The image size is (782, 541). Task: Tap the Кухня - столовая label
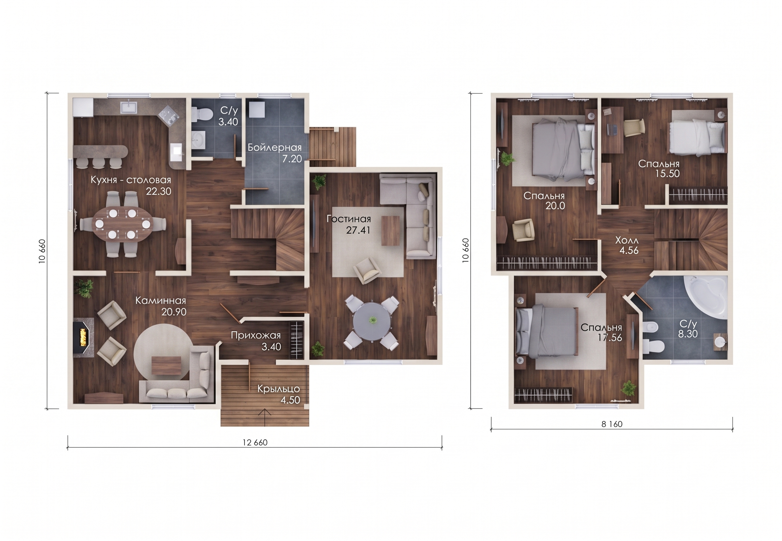tap(131, 180)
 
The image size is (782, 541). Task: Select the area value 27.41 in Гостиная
tap(358, 230)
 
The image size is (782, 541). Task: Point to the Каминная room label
tap(161, 300)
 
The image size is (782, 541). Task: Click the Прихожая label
tap(256, 335)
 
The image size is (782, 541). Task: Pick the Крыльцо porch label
tap(279, 388)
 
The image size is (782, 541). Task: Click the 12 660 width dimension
tap(255, 442)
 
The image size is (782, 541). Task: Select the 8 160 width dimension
tap(612, 424)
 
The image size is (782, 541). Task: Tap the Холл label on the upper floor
tap(627, 240)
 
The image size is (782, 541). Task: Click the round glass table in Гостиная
tap(373, 321)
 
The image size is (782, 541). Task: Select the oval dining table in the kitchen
tap(123, 224)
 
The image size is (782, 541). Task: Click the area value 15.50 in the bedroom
tap(667, 174)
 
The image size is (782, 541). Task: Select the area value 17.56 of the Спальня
tap(610, 338)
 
